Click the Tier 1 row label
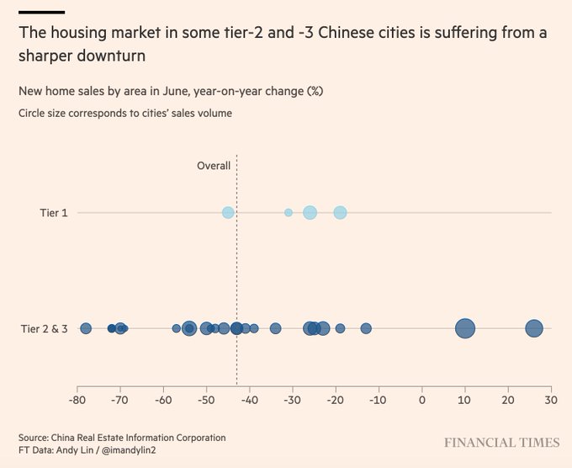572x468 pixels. coord(54,213)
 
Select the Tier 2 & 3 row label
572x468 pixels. coord(44,328)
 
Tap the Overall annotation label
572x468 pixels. coord(214,166)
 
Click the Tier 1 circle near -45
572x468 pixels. coord(228,213)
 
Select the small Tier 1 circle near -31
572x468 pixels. coord(289,213)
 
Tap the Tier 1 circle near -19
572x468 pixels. coord(340,213)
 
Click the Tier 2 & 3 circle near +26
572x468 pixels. coord(534,328)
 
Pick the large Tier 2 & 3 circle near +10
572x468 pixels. coord(465,328)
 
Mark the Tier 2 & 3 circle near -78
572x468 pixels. coord(86,328)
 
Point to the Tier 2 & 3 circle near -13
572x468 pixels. coord(366,328)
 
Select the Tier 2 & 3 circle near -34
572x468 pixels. coord(275,328)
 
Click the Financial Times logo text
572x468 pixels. coord(502,443)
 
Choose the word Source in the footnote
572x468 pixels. coord(34,438)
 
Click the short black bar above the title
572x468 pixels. coord(41,12)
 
